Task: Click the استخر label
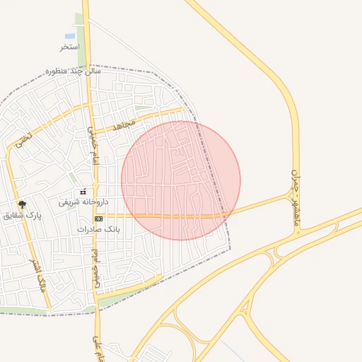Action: coord(69,47)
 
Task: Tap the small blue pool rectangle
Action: coord(70,35)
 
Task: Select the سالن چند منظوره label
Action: coord(74,71)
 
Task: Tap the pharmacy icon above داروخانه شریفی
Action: coord(83,192)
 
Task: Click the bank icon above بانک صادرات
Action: coord(98,219)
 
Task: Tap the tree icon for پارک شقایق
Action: coord(23,204)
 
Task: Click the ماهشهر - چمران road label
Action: coord(296,198)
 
